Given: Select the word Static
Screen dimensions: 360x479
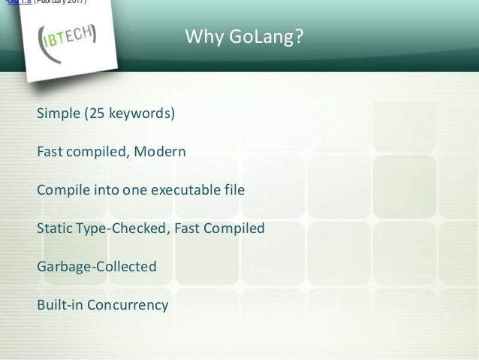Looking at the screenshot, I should point(53,228).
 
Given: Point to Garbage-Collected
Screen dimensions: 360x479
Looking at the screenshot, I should point(97,267).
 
